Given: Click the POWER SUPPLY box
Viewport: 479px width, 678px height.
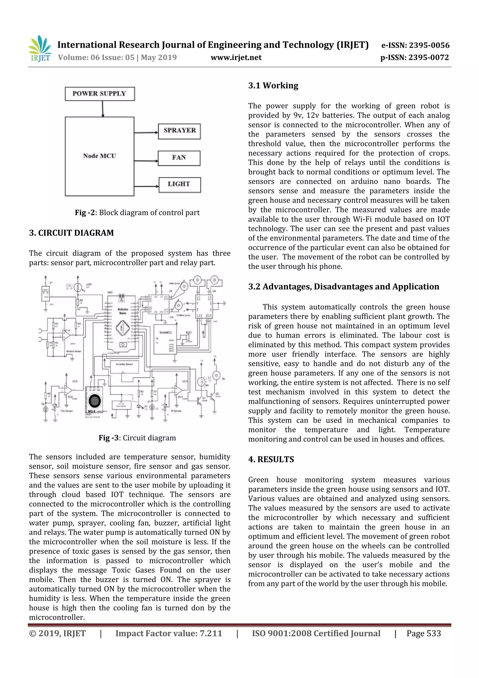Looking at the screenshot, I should pos(100,94).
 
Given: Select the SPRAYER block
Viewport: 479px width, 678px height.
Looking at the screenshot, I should pos(179,131).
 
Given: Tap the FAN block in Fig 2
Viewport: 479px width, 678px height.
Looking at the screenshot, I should pos(179,158).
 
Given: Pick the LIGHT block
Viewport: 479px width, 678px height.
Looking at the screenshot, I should pos(179,185).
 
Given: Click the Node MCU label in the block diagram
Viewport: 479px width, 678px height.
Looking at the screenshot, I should pos(99,156).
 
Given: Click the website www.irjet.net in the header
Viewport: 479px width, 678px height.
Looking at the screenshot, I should pos(236,58).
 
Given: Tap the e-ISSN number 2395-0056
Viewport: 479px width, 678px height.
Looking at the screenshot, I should pos(429,45).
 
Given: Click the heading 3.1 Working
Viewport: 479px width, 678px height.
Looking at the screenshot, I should pos(273,86).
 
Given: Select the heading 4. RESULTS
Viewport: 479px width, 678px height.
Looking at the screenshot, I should pos(271,459).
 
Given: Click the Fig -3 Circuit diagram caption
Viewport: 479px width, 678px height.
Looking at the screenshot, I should pos(137,438).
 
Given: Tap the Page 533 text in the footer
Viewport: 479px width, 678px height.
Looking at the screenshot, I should pos(423,633).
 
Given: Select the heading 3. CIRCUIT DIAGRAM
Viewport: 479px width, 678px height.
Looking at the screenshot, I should pos(71,233).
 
